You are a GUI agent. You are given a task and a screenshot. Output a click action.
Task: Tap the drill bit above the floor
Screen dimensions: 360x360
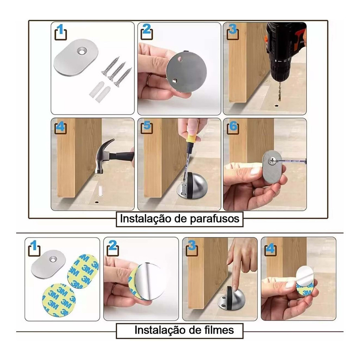(x=279, y=90)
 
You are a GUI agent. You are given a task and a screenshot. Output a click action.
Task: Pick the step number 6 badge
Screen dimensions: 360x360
(x=232, y=126)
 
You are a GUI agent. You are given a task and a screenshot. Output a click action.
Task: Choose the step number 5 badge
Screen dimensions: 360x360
(x=147, y=126)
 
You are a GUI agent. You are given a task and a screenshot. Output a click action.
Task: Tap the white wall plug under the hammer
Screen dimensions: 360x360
(x=100, y=190)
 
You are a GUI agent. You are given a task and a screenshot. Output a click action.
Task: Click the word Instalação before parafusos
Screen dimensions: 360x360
(x=146, y=219)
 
